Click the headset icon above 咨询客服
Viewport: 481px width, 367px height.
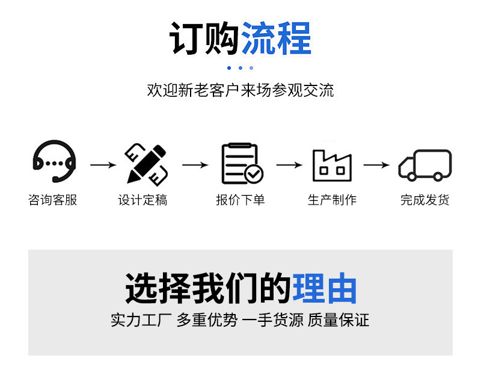click(54, 161)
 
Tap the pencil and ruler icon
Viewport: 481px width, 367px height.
click(146, 163)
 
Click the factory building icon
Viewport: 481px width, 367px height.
click(332, 165)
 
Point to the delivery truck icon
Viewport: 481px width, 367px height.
click(424, 165)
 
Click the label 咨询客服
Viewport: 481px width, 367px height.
click(53, 200)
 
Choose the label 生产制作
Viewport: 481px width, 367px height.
click(332, 200)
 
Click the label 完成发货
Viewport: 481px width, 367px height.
click(424, 200)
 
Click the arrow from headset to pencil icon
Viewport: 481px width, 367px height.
click(103, 165)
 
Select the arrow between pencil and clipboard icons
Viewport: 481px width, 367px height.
click(195, 165)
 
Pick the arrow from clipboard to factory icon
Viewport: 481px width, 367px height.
click(289, 165)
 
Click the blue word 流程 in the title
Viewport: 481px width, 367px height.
click(276, 39)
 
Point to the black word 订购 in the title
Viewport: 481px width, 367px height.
click(204, 39)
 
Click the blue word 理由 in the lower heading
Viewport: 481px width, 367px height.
click(325, 288)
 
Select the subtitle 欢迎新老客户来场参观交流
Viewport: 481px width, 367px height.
click(240, 90)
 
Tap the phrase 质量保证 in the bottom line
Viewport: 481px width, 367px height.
click(339, 319)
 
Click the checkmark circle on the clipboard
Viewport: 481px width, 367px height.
click(254, 174)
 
